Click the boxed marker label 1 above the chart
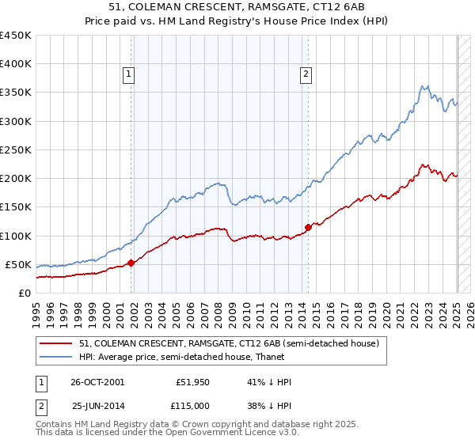pos(128,75)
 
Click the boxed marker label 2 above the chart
pos(306,75)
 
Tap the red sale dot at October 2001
pos(131,263)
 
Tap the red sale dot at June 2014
pos(308,227)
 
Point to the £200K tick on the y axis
pos(16,179)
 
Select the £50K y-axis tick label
pos(19,264)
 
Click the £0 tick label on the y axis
pos(25,293)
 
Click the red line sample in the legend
pos(56,343)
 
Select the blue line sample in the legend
pos(56,356)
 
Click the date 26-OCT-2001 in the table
pos(97,382)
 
